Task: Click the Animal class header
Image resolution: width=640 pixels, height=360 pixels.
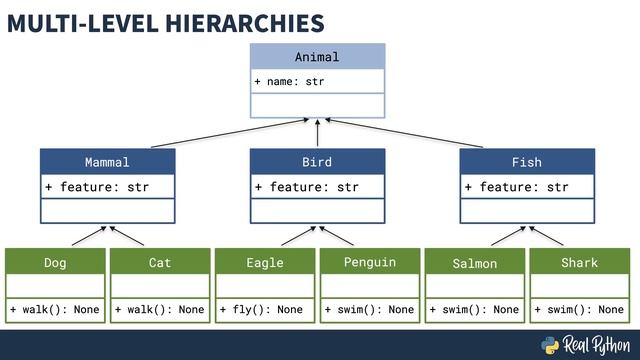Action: tap(317, 57)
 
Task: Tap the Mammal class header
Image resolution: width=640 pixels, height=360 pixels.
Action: tap(107, 162)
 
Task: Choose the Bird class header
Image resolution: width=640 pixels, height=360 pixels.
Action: tap(317, 162)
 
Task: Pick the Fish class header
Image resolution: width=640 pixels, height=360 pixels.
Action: tap(527, 162)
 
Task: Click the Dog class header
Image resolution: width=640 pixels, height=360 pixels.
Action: tap(55, 263)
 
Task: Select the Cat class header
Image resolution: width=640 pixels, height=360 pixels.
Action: tap(160, 263)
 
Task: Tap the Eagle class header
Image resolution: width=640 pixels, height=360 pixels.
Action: tap(265, 263)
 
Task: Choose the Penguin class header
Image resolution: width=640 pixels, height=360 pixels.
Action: tap(370, 263)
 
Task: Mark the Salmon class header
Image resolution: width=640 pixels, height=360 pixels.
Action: tap(475, 264)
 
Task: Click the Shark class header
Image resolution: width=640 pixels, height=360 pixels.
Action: tap(580, 263)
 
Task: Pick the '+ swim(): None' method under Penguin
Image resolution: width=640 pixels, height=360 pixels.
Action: tap(370, 310)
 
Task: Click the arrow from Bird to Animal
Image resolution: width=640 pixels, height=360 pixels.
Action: tap(317, 133)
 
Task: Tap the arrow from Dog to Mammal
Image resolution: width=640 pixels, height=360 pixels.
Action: tap(88, 236)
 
